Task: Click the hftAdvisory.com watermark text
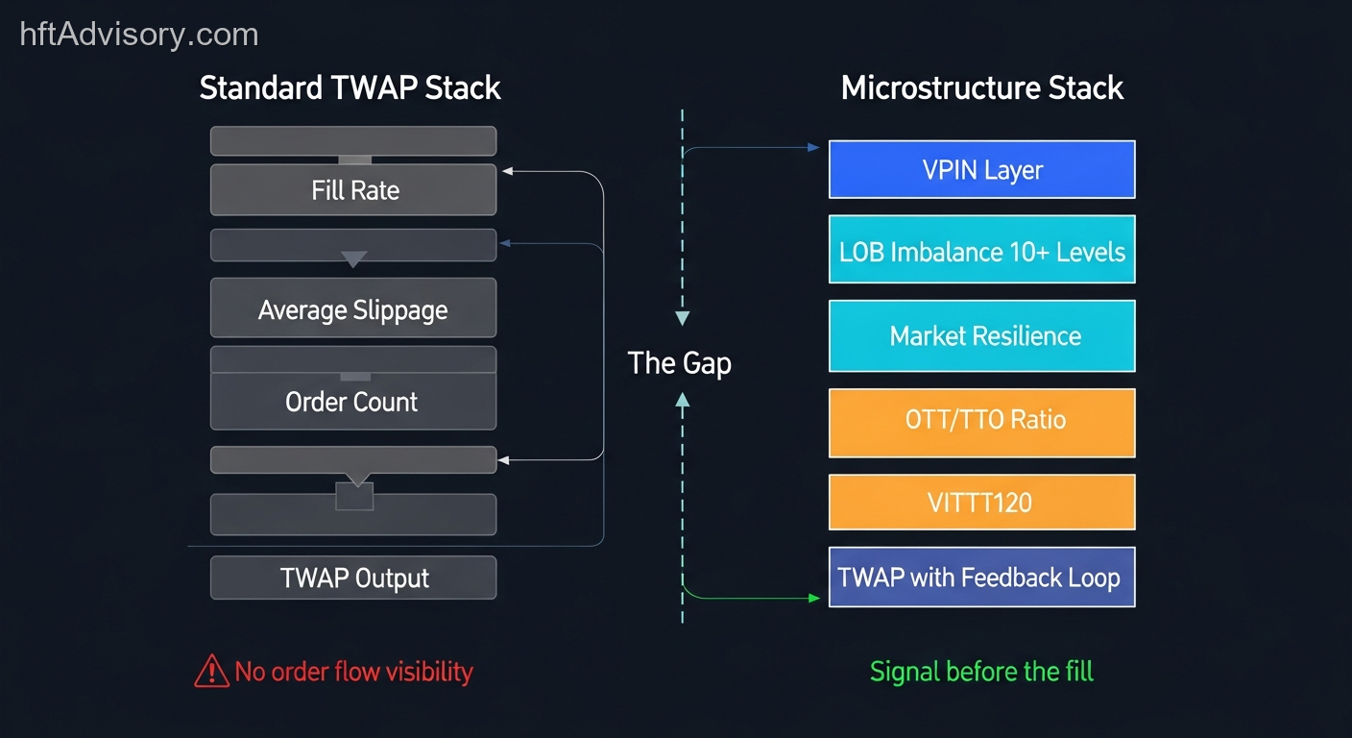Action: tap(139, 36)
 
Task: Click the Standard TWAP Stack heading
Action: tap(350, 88)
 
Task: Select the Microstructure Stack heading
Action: tap(981, 88)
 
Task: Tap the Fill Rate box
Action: tap(353, 189)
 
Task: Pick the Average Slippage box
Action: tap(353, 309)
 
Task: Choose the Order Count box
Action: tap(353, 401)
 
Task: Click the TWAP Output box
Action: tap(353, 578)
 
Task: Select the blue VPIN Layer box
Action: tap(981, 170)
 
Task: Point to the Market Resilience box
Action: tap(981, 335)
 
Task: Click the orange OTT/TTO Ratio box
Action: tap(981, 421)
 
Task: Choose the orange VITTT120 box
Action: tap(981, 502)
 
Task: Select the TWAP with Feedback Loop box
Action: tap(981, 578)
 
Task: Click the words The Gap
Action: tap(679, 363)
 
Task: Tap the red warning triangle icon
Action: tap(210, 672)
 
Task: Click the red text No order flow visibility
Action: tap(353, 672)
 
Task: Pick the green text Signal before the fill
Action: tap(981, 671)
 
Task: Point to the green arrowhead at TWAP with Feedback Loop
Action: tap(815, 599)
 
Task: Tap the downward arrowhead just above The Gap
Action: tap(683, 318)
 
